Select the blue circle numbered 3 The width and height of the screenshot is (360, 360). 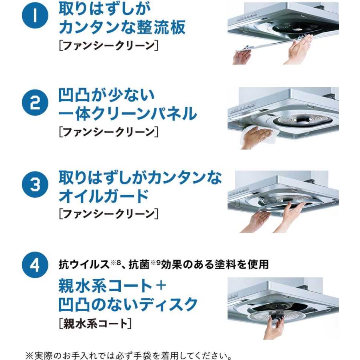[x=35, y=186]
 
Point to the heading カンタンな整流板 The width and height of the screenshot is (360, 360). [x=122, y=28]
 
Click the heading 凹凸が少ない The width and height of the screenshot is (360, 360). [x=106, y=95]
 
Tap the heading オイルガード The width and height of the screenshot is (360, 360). [x=103, y=197]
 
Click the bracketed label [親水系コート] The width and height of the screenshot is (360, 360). [x=95, y=323]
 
